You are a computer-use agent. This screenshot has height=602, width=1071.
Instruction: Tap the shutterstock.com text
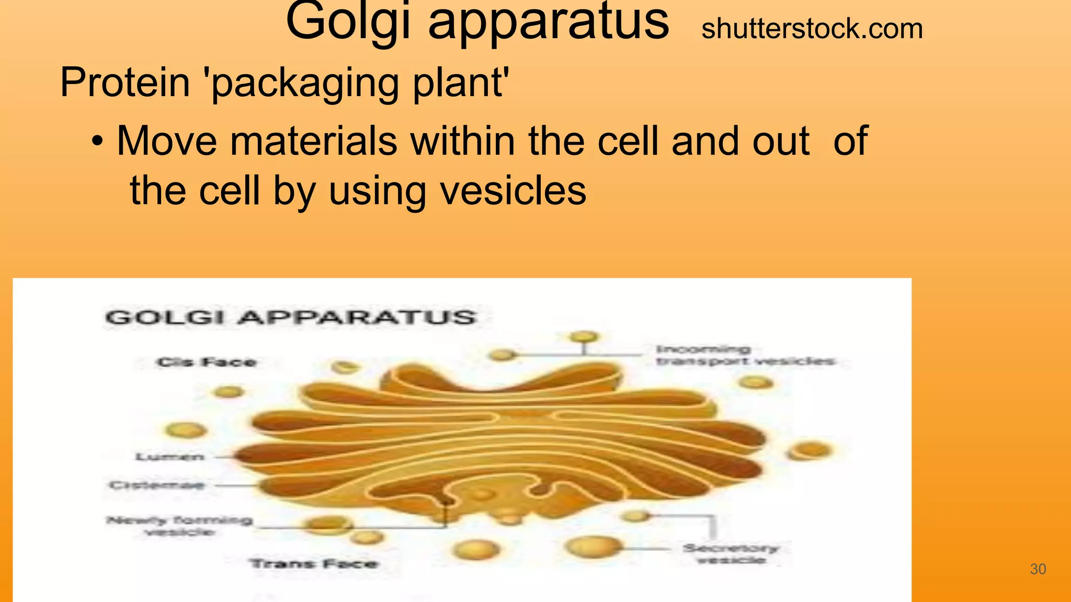pyautogui.click(x=812, y=29)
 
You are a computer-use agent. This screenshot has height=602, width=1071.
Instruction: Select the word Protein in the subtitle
pyautogui.click(x=125, y=82)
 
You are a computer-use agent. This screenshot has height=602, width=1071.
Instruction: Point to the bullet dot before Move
pyautogui.click(x=97, y=141)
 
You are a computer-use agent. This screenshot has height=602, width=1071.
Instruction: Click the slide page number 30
pyautogui.click(x=1038, y=569)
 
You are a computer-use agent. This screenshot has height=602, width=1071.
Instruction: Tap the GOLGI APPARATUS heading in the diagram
pyautogui.click(x=291, y=317)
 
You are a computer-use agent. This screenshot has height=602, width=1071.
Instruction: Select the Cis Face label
pyautogui.click(x=207, y=362)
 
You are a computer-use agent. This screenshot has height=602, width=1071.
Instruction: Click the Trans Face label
pyautogui.click(x=314, y=564)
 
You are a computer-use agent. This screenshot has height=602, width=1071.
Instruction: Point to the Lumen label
pyautogui.click(x=170, y=457)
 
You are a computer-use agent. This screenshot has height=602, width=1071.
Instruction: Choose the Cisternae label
pyautogui.click(x=156, y=485)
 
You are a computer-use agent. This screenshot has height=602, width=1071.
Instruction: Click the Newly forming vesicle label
pyautogui.click(x=179, y=526)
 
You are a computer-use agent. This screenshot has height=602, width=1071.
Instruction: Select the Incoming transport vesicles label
pyautogui.click(x=745, y=355)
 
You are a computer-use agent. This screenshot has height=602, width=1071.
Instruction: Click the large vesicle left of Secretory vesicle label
pyautogui.click(x=594, y=547)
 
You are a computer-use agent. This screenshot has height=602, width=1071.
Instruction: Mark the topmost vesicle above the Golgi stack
pyautogui.click(x=584, y=337)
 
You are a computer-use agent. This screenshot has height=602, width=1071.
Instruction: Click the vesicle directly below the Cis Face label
pyautogui.click(x=228, y=391)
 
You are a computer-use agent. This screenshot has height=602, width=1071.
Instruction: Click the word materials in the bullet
pyautogui.click(x=313, y=141)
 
